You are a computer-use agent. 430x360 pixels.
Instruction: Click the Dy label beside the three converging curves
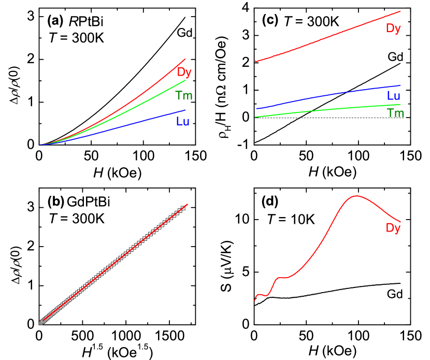[x=184, y=73]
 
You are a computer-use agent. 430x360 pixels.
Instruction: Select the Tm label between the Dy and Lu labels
[x=184, y=95]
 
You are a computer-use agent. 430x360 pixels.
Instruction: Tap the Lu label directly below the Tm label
[x=183, y=122]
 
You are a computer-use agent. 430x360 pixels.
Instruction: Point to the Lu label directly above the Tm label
[x=393, y=96]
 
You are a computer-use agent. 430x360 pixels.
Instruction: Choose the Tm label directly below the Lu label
[x=395, y=113]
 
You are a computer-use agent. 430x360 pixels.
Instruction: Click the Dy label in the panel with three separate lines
[x=393, y=28]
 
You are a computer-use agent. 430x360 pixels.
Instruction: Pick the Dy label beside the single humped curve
[x=393, y=228]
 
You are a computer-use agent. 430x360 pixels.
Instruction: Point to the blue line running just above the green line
[x=326, y=95]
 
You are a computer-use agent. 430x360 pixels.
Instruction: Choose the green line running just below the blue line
[x=326, y=109]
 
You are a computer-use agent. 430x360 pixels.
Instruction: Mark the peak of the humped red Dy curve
[x=356, y=196]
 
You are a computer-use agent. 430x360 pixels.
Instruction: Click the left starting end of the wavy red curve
[x=255, y=300]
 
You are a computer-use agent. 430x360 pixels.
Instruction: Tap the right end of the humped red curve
[x=400, y=222]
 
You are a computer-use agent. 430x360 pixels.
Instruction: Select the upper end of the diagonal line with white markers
[x=187, y=205]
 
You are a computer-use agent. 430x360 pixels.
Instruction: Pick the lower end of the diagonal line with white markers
[x=40, y=323]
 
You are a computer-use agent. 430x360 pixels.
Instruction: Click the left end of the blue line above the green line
[x=256, y=109]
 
